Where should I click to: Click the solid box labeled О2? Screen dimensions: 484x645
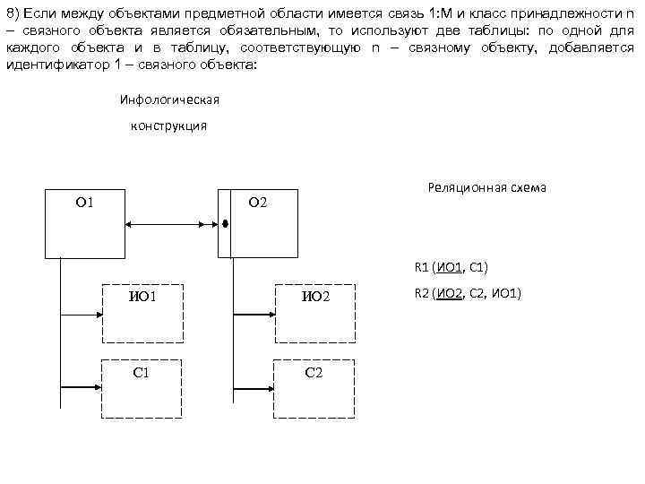260,223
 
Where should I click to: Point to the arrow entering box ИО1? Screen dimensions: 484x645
81,315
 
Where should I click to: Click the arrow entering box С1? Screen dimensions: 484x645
81,388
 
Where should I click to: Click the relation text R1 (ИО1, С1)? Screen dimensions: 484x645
451,267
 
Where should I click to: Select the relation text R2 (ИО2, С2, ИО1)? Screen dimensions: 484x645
468,293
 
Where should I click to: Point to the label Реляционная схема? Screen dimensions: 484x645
487,187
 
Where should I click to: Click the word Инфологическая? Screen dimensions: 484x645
169,99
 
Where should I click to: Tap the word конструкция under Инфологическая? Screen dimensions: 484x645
168,125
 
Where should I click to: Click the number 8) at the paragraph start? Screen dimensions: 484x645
13,12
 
